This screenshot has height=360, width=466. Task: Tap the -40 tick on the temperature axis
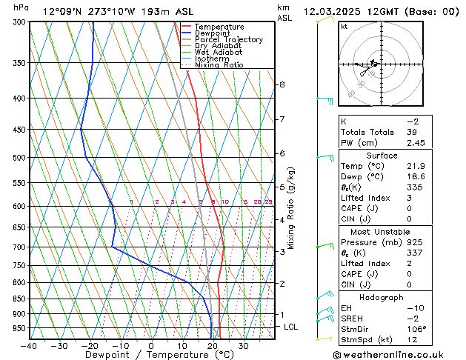click(x=30, y=345)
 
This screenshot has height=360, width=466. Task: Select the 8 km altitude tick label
click(x=282, y=84)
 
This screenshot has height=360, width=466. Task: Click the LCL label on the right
click(x=292, y=327)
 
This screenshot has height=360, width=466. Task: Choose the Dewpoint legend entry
click(x=211, y=33)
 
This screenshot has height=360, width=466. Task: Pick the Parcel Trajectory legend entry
click(x=228, y=40)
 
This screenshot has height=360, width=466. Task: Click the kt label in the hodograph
click(x=344, y=26)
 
